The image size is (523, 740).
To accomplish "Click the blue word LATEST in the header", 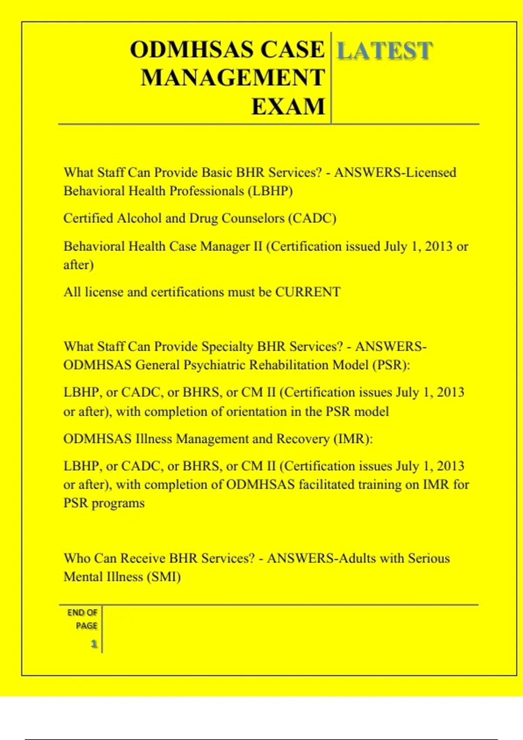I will (384, 50).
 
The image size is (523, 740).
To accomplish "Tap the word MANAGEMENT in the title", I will (233, 78).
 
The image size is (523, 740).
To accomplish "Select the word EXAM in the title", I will (288, 107).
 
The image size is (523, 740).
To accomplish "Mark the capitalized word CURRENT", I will (308, 292).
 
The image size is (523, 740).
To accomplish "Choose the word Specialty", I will (227, 346).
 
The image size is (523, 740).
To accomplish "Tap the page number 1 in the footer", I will (94, 644).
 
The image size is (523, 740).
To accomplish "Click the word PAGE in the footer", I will (86, 626).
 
